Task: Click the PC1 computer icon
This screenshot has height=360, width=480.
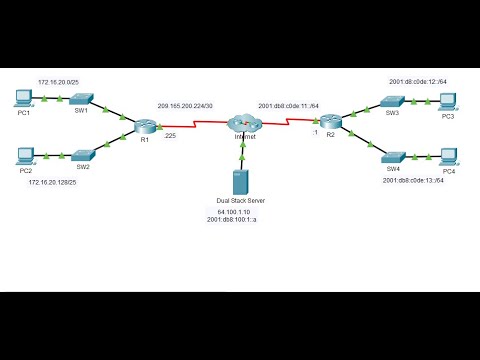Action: (24, 98)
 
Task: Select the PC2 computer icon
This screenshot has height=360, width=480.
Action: (26, 155)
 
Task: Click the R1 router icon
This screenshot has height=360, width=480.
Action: (146, 126)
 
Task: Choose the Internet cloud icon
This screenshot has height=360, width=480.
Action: (242, 123)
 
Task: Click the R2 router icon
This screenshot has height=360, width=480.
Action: (331, 122)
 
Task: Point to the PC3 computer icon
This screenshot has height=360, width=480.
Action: (448, 100)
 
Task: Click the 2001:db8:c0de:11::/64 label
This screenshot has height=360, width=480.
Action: (290, 105)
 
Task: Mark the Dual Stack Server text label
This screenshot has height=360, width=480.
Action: (241, 201)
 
